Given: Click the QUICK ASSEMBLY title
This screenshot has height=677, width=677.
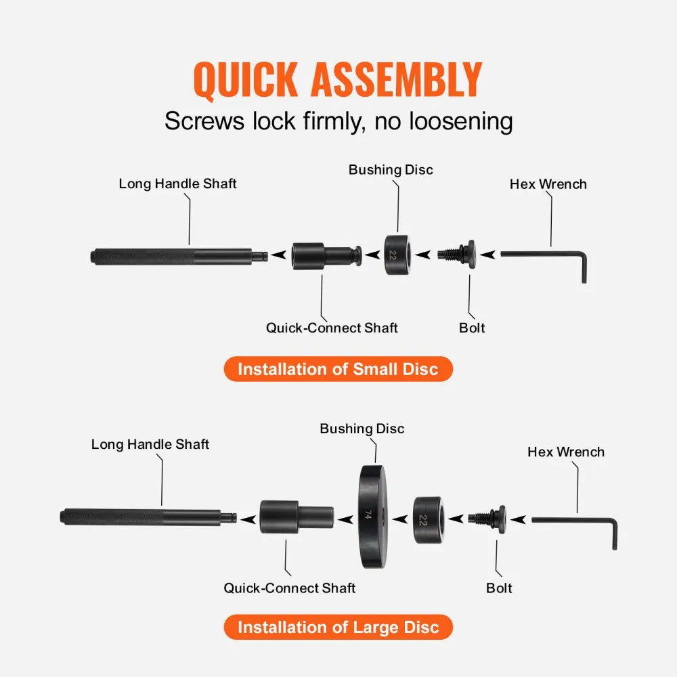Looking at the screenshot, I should (x=338, y=80).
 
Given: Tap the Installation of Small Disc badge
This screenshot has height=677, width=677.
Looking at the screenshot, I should (x=338, y=369).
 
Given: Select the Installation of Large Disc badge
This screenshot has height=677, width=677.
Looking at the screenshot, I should (x=338, y=627).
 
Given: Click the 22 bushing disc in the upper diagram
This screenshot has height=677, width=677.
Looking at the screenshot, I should (x=397, y=255).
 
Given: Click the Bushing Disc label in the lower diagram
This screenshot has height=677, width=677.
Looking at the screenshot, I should (x=362, y=429).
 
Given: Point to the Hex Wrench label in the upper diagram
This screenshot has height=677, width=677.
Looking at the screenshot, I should (x=548, y=184).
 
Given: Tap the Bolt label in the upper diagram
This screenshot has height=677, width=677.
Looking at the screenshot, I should (x=472, y=328).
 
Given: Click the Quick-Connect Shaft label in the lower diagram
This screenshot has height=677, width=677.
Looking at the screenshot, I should (x=289, y=588).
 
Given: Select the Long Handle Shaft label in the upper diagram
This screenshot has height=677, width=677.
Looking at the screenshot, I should (x=177, y=183).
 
